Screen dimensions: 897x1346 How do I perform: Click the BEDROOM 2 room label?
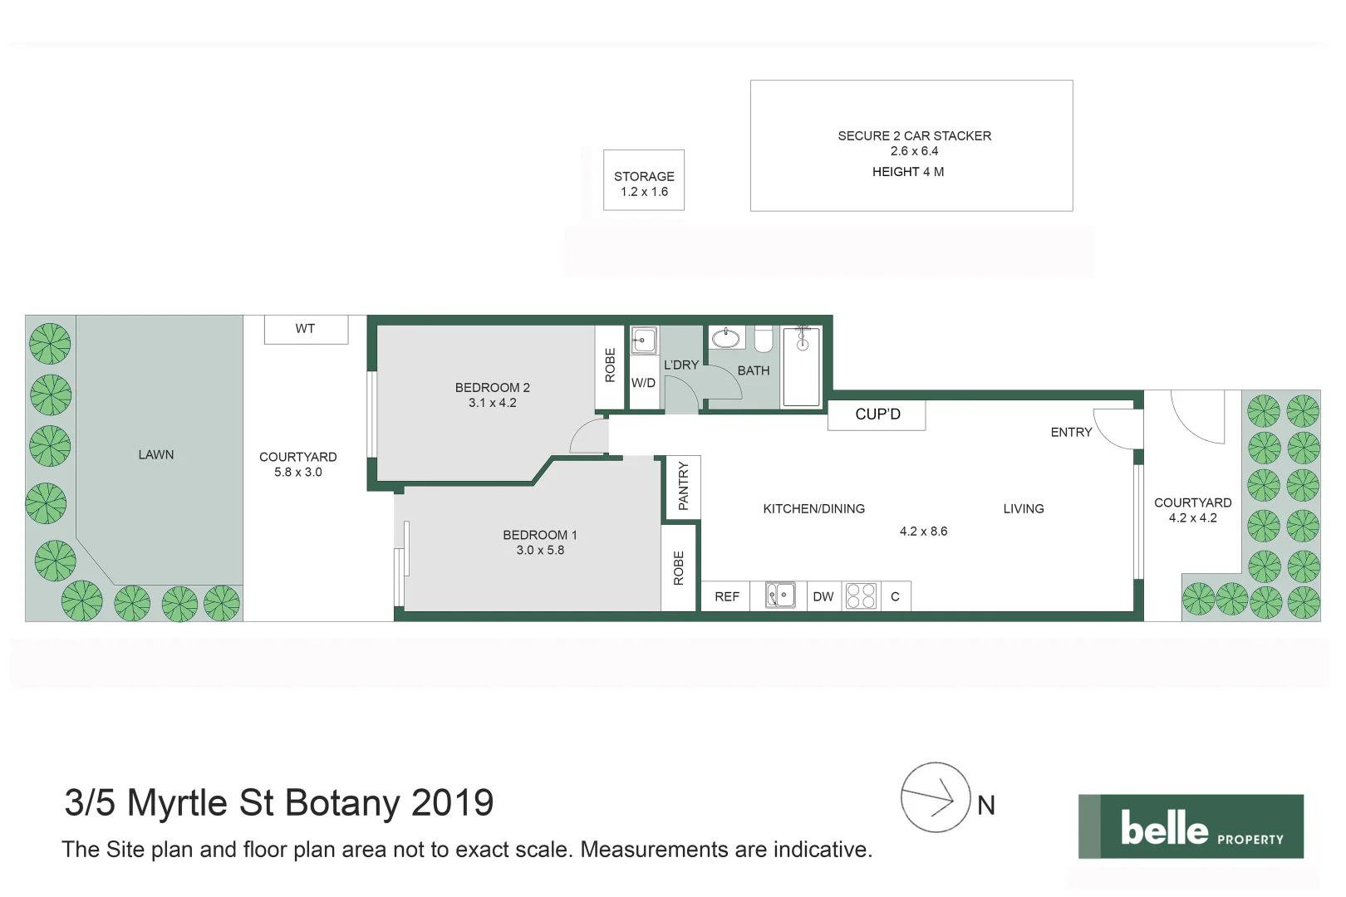[492, 387]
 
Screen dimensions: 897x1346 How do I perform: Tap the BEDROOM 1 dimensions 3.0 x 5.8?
[540, 550]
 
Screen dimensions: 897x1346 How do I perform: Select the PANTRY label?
[683, 486]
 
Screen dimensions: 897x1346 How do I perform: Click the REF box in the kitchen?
[726, 596]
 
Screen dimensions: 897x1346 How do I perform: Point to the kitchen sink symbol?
[779, 596]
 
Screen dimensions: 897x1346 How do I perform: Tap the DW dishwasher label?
[823, 596]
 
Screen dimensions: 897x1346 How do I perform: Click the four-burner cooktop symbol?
[861, 596]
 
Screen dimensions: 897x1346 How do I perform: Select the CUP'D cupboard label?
[877, 414]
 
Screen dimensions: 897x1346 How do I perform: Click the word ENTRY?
[1071, 432]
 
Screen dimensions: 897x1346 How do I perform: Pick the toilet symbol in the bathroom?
[763, 340]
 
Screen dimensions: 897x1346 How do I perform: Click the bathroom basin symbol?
[726, 338]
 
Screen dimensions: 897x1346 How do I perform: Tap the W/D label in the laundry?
[643, 383]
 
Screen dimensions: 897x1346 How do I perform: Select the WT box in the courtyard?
[306, 329]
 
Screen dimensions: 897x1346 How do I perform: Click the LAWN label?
[156, 454]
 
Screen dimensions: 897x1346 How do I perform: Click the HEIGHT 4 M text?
[907, 172]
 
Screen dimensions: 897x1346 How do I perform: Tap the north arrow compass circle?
[935, 797]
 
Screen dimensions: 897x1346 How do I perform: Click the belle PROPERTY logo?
[1190, 826]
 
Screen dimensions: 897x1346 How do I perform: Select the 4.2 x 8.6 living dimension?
[923, 531]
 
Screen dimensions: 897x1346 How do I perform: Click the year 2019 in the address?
[452, 803]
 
